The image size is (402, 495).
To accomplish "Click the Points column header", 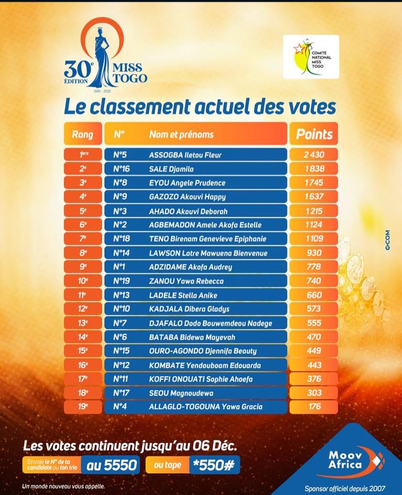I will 314,135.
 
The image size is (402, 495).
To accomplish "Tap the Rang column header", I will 83,135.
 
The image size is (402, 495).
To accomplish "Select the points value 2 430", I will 314,155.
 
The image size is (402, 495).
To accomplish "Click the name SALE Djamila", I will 171,169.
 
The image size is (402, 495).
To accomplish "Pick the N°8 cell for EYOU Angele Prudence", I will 120,183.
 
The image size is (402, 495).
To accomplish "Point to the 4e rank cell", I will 83,197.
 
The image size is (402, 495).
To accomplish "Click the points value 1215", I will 314,211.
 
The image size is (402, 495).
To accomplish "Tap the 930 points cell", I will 314,253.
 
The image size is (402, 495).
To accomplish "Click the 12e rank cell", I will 83,309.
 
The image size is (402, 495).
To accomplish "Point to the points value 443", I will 314,365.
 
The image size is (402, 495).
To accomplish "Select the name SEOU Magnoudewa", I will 178,393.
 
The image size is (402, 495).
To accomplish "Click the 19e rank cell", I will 83,407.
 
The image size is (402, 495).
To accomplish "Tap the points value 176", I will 314,407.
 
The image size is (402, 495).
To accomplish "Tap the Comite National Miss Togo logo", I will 311,57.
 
